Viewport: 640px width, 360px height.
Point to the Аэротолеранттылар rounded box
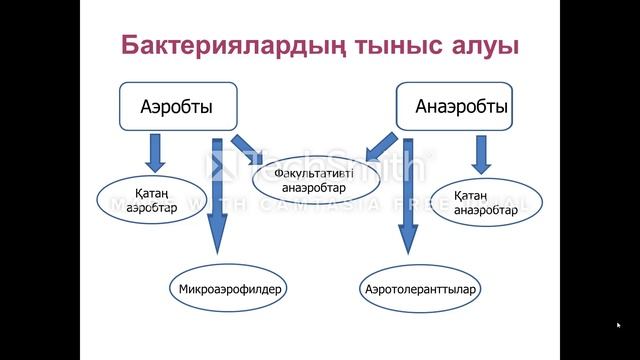click(420, 290)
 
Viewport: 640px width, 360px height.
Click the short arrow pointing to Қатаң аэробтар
click(155, 151)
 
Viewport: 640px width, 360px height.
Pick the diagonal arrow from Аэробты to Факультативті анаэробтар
click(246, 148)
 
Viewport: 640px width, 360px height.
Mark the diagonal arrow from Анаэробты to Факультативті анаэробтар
click(382, 146)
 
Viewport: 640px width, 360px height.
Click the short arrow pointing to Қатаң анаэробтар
click(481, 152)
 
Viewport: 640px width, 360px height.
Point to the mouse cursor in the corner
click(619, 324)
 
